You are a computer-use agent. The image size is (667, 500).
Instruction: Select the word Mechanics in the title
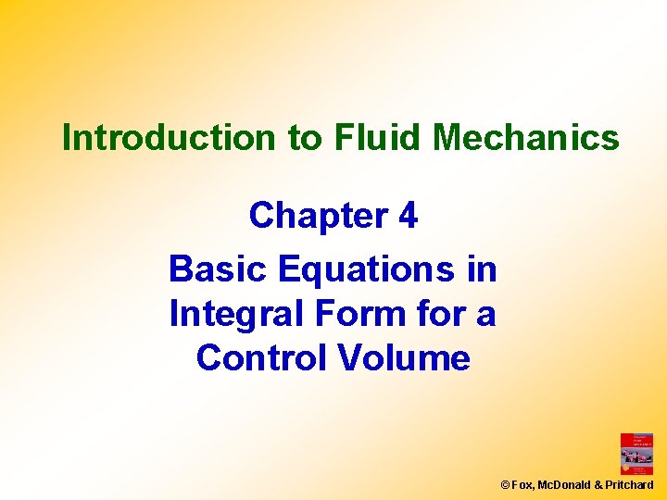click(526, 138)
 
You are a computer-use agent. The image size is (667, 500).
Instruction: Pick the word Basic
click(218, 269)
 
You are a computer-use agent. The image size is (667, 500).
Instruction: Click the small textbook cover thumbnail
click(636, 454)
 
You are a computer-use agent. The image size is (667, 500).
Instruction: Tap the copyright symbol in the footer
click(505, 485)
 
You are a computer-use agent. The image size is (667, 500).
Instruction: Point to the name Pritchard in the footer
click(630, 485)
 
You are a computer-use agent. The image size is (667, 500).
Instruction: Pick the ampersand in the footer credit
click(599, 485)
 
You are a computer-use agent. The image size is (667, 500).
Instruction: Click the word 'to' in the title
click(303, 138)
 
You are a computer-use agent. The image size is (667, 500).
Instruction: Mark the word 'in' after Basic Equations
click(483, 269)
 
